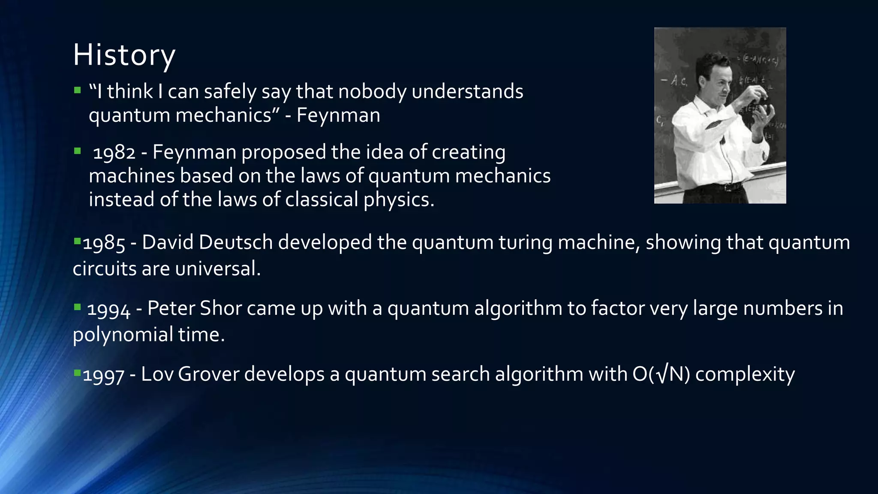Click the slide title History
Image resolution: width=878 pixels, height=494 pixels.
[x=124, y=55]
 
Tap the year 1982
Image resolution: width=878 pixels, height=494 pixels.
[x=114, y=153]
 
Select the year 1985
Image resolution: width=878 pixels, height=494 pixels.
[x=104, y=243]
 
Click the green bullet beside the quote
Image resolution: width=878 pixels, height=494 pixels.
[x=77, y=90]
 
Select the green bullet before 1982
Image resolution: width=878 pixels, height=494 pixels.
[x=77, y=151]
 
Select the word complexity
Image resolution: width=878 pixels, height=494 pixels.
[x=745, y=374]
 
